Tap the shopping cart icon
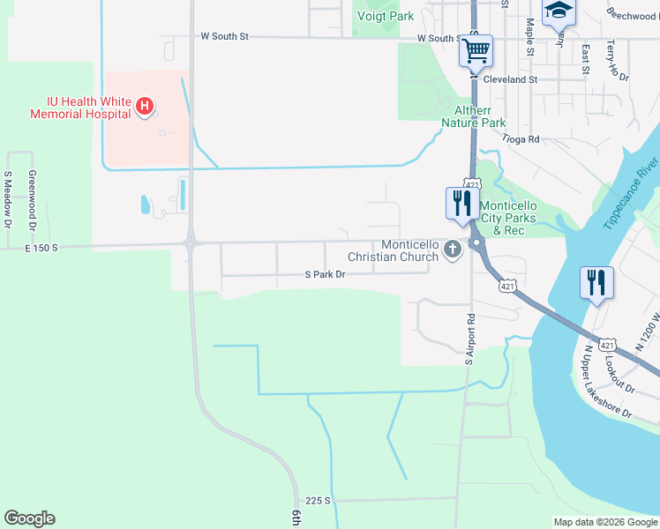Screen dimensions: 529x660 tap(476, 50)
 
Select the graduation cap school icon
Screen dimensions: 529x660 tap(558, 11)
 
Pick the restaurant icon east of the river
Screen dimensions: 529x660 tap(597, 283)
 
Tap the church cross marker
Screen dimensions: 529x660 tap(453, 249)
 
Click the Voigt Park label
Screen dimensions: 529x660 tap(384, 15)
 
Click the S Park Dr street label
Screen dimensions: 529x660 tap(324, 275)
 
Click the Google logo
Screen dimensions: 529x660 tap(29, 518)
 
